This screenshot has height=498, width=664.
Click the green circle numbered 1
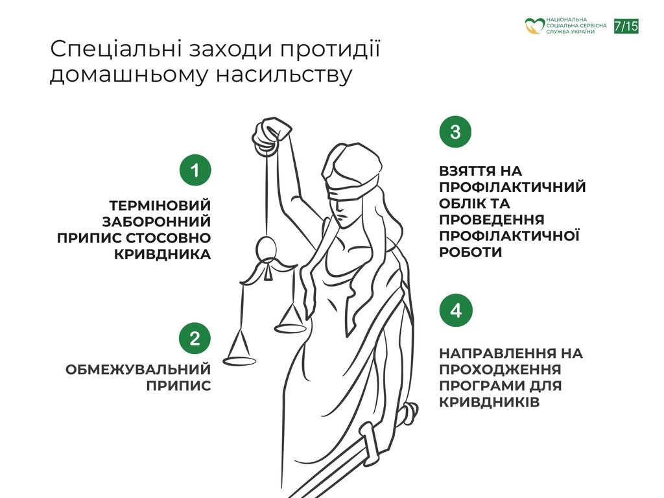pos(195,171)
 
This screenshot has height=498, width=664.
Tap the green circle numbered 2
pos(195,338)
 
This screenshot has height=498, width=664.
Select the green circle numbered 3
pos(455,132)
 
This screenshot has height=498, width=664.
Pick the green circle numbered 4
pos(456,311)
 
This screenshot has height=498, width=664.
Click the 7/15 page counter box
pos(626,26)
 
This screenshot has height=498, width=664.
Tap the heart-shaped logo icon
pos(534,26)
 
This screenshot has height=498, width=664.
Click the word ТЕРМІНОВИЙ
pos(160,206)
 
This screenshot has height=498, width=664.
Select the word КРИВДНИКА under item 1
pos(162,254)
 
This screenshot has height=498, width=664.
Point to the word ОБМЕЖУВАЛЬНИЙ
pos(138,369)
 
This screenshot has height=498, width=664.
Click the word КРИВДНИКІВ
pos(490,402)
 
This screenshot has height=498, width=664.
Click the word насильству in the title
pos(284,75)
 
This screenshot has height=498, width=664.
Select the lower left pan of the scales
pos(240,361)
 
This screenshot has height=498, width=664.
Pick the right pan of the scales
pos(290,328)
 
